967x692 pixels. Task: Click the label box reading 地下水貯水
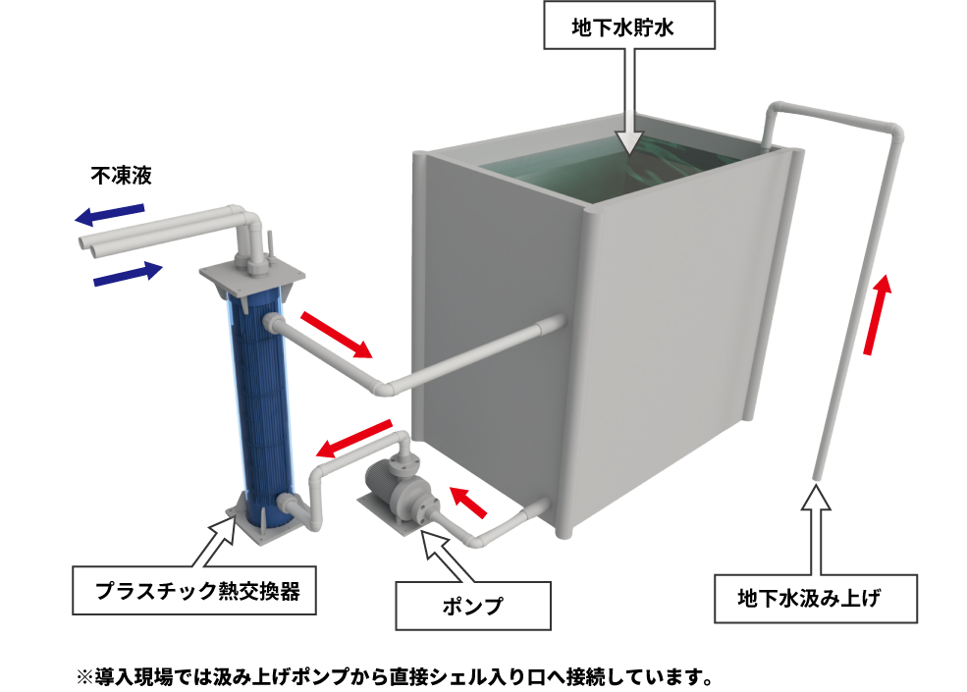click(629, 26)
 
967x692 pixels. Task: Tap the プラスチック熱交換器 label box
click(194, 590)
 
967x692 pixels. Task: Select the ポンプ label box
click(473, 606)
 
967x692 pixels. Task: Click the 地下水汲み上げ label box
click(815, 598)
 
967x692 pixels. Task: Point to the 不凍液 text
click(122, 176)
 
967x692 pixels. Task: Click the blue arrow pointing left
click(110, 214)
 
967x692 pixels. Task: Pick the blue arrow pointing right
click(128, 273)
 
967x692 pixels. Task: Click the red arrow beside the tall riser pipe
click(877, 314)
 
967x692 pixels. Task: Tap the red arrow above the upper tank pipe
click(337, 335)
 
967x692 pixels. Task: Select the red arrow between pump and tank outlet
click(468, 502)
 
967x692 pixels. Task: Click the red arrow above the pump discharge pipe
click(354, 438)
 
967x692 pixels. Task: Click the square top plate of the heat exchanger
click(251, 278)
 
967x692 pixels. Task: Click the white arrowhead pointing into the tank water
click(629, 142)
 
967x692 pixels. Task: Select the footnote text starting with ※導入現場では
click(395, 676)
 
